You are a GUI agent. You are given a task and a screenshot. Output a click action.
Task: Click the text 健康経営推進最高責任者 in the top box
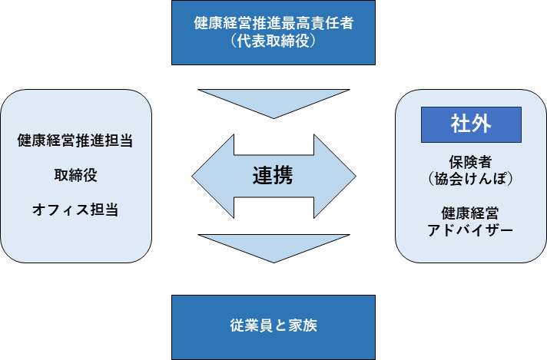coord(273,23)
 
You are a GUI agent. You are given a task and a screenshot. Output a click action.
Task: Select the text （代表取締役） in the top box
coord(273,41)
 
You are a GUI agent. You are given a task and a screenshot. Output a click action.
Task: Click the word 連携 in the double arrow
coord(273,175)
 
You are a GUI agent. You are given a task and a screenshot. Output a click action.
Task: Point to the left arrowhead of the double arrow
coord(213,177)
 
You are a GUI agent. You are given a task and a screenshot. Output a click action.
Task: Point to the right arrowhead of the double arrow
coord(335,177)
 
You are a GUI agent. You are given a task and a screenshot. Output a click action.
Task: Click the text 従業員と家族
coord(273,325)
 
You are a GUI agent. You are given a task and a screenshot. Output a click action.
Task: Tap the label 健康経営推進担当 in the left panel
coord(75,140)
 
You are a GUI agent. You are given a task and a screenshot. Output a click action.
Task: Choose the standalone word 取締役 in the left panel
coord(75,175)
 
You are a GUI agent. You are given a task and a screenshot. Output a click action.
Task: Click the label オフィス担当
coord(75,210)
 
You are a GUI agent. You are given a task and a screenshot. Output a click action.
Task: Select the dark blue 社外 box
coord(471,124)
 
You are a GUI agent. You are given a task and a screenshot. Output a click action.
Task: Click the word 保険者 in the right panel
coord(471,162)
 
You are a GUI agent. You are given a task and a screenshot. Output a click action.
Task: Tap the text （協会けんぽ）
coord(471,179)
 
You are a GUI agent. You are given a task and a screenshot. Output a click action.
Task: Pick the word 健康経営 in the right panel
coord(470,213)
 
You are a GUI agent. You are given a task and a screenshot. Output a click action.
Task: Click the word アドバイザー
coord(470,230)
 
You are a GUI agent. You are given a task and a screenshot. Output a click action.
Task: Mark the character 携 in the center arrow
coord(283,175)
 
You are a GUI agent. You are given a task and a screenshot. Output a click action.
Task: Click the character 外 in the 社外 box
coord(481,124)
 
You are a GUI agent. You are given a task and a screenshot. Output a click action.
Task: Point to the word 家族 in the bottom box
coord(303,325)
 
